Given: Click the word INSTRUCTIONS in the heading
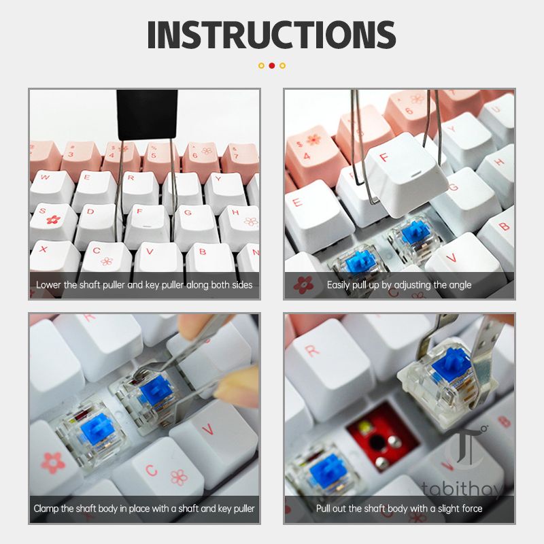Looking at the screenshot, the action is pyautogui.click(x=271, y=35).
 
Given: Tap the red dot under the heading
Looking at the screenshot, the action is pyautogui.click(x=272, y=65).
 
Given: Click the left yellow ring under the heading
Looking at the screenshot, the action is pyautogui.click(x=261, y=65).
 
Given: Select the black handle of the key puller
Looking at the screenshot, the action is pyautogui.click(x=147, y=115).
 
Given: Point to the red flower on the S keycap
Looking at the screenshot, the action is pyautogui.click(x=54, y=220).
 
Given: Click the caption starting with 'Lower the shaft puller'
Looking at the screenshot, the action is pyautogui.click(x=144, y=285).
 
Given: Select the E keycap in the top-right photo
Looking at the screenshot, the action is pyautogui.click(x=314, y=215).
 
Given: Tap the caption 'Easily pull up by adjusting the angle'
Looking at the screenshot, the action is pyautogui.click(x=399, y=285).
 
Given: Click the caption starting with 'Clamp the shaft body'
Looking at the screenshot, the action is pyautogui.click(x=144, y=509).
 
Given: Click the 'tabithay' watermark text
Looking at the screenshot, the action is pyautogui.click(x=462, y=489).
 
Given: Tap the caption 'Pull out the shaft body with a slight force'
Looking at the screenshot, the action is pyautogui.click(x=399, y=509).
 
